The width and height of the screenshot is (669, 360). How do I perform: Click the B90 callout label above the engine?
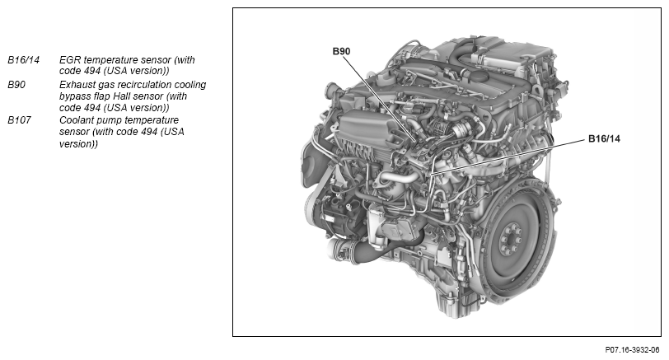[341, 51]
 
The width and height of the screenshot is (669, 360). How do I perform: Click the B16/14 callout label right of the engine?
[604, 138]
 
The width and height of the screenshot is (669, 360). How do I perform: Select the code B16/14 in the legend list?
[23, 60]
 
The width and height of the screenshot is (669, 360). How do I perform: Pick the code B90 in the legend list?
[16, 85]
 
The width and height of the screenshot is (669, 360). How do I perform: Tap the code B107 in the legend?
[19, 120]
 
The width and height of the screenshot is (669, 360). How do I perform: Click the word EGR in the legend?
[70, 60]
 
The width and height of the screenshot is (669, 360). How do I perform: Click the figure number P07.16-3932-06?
[632, 350]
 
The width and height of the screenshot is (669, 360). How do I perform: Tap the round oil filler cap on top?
[480, 77]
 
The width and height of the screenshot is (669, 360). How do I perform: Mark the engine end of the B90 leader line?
[416, 140]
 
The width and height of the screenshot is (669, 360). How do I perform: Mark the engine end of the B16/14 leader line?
[431, 174]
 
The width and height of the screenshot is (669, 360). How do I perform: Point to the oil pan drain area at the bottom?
[448, 306]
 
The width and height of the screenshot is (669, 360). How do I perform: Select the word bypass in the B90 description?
[74, 97]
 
